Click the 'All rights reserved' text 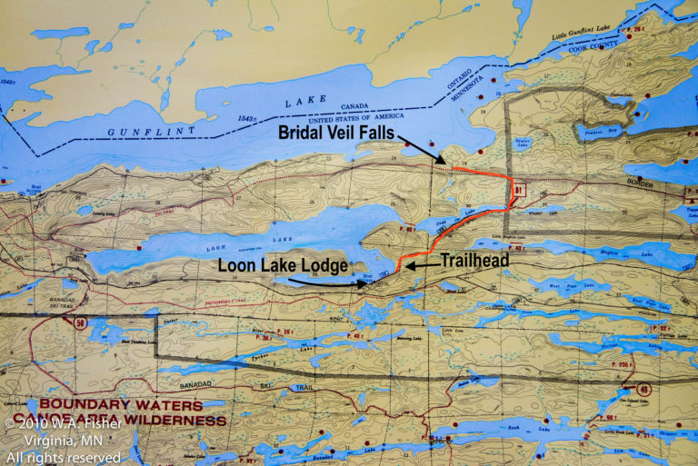pos(63,457)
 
